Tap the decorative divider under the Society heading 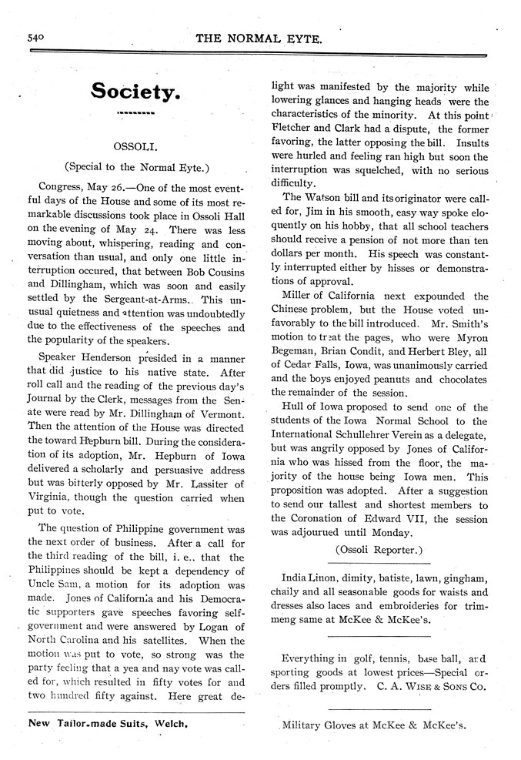pyautogui.click(x=135, y=115)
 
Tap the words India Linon pyautogui.click(x=309, y=578)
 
